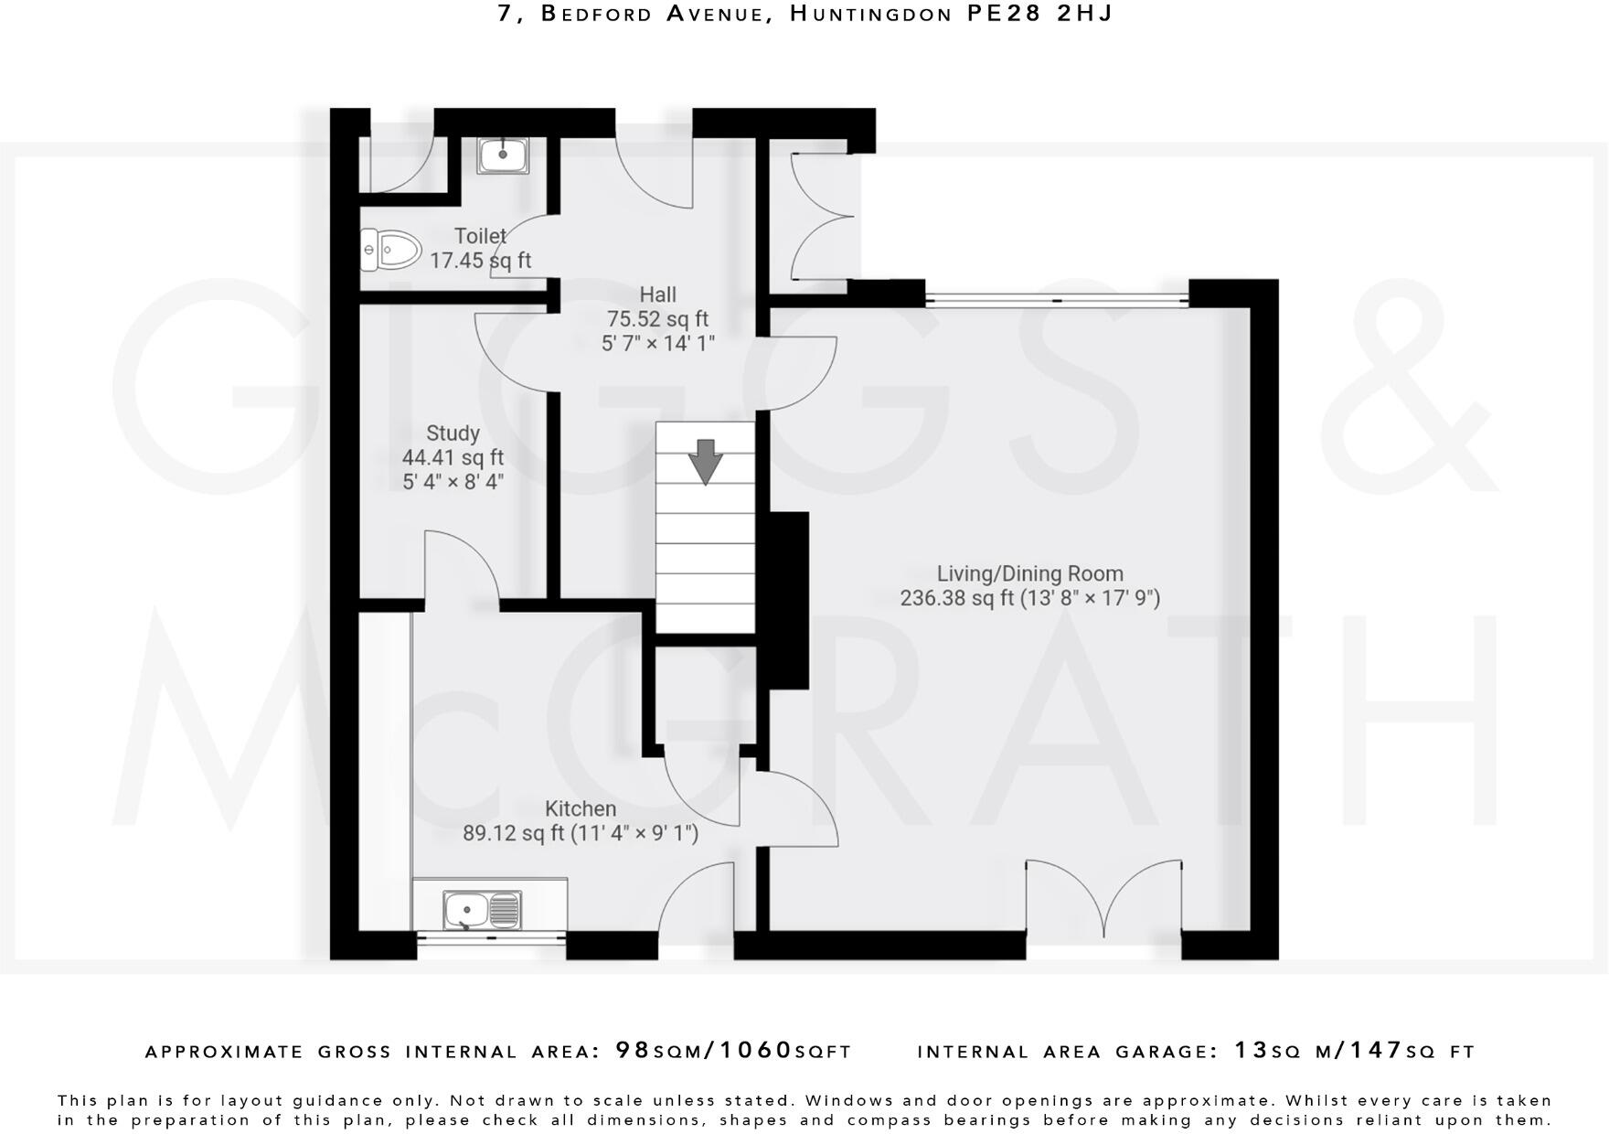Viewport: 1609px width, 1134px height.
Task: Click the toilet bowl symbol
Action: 391,249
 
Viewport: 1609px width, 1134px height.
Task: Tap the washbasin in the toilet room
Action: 503,155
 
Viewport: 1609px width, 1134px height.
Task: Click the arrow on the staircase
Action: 705,461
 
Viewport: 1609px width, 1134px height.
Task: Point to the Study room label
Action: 453,433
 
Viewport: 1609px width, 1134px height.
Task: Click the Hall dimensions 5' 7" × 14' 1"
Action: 657,344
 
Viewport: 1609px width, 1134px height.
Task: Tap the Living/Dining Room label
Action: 1029,573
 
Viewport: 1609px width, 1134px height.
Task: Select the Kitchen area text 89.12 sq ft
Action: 515,833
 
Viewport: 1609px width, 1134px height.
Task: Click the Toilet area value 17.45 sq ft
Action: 481,261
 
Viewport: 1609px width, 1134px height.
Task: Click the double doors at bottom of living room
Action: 1103,899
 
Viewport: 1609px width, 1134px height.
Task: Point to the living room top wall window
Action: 1056,298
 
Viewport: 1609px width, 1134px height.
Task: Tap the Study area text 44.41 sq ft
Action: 453,457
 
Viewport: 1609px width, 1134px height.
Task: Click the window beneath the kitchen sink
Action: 491,936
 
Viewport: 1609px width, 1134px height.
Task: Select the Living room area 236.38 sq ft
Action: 957,598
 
